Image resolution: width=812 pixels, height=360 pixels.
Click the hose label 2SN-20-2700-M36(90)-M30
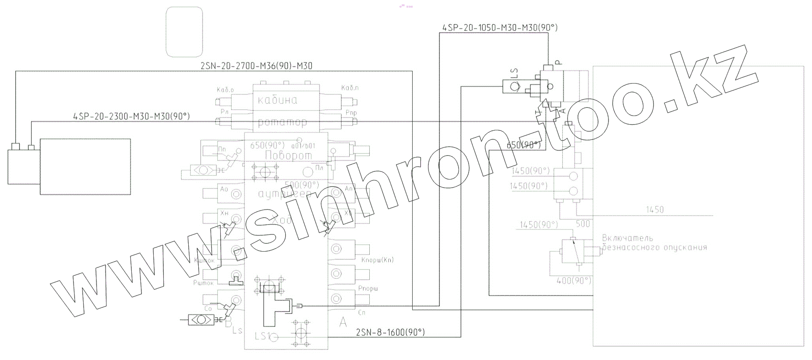tap(256, 66)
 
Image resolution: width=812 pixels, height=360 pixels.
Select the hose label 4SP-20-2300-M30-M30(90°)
tap(131, 116)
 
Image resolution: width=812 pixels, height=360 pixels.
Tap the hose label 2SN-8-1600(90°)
tap(391, 332)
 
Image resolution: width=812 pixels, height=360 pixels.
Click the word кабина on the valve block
tap(278, 100)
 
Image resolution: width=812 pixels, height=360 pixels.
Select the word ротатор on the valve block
tap(282, 123)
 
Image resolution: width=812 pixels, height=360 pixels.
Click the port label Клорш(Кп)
tap(377, 260)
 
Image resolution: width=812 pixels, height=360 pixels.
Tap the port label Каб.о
tap(225, 89)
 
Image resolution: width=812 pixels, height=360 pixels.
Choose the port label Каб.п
tap(350, 88)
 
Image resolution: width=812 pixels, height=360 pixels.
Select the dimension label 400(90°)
tap(573, 281)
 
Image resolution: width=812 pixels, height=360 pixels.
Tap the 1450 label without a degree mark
tap(654, 210)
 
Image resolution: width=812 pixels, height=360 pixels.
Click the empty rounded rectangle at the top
tap(184, 32)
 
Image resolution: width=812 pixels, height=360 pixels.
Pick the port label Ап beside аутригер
tap(349, 189)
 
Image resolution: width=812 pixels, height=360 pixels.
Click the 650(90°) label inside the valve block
tap(267, 145)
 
